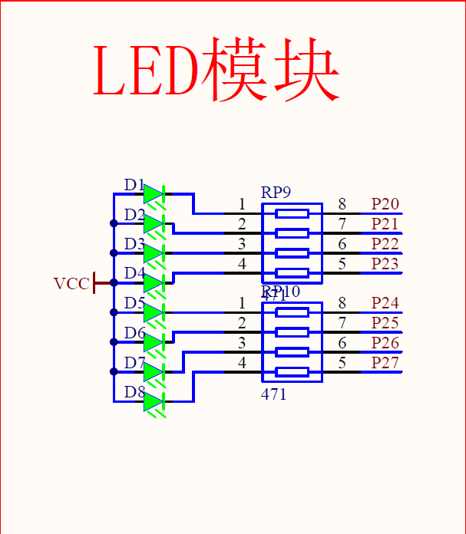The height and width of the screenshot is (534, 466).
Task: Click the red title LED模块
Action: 216,70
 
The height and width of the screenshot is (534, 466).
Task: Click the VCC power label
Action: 71,283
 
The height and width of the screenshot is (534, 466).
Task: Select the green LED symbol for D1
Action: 154,194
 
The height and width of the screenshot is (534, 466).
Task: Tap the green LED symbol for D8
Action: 154,401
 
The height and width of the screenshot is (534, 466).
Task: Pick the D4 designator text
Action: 134,273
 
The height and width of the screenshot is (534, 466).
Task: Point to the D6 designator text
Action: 134,333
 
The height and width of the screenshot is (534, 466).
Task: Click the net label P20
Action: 385,204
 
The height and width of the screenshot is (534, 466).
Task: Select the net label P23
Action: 385,264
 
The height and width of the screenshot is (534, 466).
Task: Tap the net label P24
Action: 385,303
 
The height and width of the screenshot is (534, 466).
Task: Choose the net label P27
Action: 385,363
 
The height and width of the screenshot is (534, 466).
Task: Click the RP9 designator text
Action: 276,192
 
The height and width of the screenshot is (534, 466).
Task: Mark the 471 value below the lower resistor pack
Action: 273,394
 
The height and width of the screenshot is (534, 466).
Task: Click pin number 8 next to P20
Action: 342,204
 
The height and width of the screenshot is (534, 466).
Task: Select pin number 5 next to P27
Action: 342,363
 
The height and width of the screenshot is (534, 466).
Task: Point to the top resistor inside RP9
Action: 292,213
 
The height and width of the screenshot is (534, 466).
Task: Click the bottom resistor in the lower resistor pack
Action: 292,372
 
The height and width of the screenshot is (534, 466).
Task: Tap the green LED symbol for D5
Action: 154,313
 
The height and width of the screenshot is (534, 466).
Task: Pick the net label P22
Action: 385,244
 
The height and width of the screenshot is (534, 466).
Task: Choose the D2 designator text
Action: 134,214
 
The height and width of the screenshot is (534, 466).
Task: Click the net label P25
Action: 385,323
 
